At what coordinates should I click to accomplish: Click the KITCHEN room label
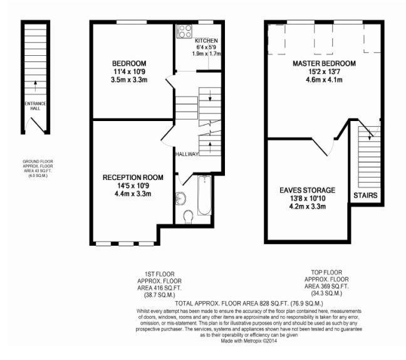pyautogui.click(x=206, y=41)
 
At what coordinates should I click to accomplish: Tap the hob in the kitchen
pyautogui.click(x=185, y=31)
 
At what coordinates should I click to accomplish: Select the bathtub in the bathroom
pyautogui.click(x=204, y=196)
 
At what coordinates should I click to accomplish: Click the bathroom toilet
pyautogui.click(x=188, y=216)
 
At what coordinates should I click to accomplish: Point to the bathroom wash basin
pyautogui.click(x=180, y=198)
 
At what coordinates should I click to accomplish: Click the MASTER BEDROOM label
pyautogui.click(x=324, y=63)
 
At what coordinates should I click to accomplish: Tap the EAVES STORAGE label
pyautogui.click(x=308, y=190)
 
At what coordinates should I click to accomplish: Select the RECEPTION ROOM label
pyautogui.click(x=133, y=177)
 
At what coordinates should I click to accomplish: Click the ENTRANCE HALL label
pyautogui.click(x=35, y=106)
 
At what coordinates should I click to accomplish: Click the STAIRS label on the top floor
pyautogui.click(x=365, y=196)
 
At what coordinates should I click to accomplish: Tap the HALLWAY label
pyautogui.click(x=187, y=154)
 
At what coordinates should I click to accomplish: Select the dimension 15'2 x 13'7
pyautogui.click(x=324, y=71)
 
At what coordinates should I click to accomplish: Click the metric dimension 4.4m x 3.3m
pyautogui.click(x=133, y=194)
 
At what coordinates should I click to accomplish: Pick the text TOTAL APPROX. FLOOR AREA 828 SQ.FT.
pyautogui.click(x=232, y=303)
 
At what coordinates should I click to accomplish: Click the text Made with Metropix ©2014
pyautogui.click(x=249, y=341)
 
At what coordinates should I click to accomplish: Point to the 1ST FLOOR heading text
pyautogui.click(x=160, y=274)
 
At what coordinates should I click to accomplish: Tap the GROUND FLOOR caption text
pyautogui.click(x=38, y=161)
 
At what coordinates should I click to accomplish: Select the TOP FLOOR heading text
pyautogui.click(x=326, y=272)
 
